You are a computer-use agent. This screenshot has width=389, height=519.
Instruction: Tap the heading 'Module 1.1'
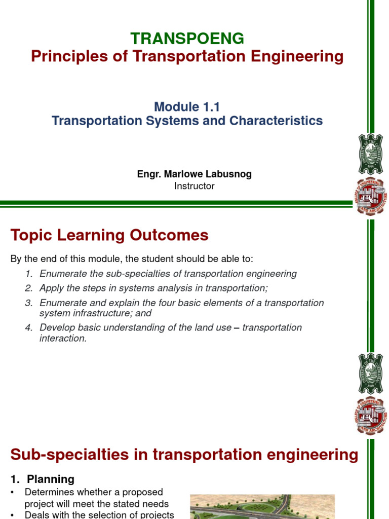187,106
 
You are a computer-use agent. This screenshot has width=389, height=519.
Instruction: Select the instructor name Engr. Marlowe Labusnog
194,174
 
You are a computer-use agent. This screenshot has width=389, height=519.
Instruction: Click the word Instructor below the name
194,186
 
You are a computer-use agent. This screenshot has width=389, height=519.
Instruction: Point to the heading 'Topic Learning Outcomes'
109,235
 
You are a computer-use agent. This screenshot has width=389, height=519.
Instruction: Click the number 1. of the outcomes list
29,274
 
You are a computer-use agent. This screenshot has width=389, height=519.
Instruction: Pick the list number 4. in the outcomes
29,327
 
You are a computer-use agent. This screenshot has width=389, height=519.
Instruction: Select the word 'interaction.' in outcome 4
63,339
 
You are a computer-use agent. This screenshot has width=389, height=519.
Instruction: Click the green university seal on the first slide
371,154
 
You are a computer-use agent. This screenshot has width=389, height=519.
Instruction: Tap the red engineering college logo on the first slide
371,197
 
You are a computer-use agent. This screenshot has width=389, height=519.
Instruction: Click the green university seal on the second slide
371,374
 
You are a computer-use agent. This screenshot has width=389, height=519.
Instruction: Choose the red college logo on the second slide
371,416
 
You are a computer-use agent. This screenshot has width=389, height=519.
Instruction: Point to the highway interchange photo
262,506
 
